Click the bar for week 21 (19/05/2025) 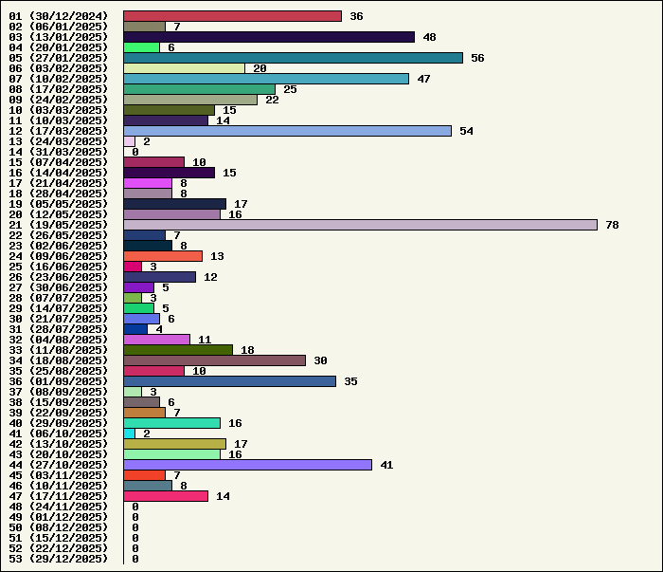[x=360, y=225]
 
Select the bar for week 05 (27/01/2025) [x=293, y=58]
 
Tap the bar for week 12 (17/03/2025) [x=287, y=131]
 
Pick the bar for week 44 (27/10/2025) [x=247, y=465]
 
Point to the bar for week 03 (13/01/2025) [x=269, y=37]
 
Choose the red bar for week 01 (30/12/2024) [x=232, y=16]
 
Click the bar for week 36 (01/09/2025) [x=229, y=381]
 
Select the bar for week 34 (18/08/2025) [x=214, y=360]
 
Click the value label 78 [x=612, y=225]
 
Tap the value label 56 [x=477, y=58]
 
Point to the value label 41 [x=386, y=465]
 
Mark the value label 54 [x=466, y=131]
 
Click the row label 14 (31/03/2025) [x=58, y=152]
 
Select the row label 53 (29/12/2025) [x=58, y=559]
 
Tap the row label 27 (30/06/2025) [x=58, y=287]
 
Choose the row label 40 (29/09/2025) [x=58, y=423]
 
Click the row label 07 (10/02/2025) [x=58, y=79]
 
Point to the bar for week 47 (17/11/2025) [x=166, y=496]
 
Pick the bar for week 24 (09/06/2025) [x=163, y=256]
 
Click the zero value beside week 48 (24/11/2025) [x=135, y=507]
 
